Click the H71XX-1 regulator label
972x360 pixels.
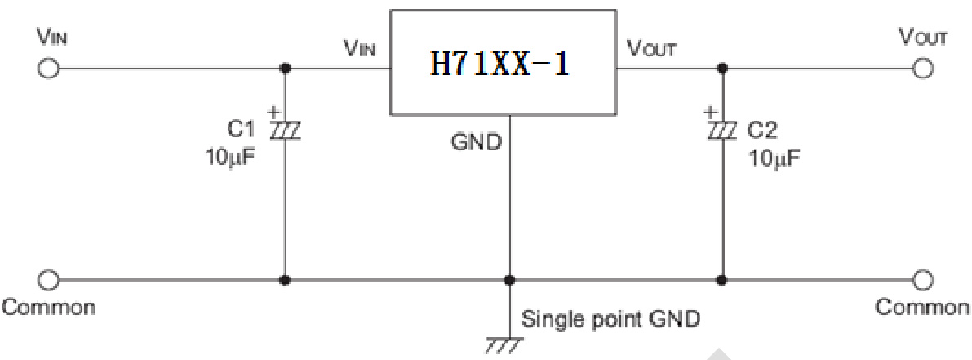pos(500,64)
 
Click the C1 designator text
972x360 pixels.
pos(242,129)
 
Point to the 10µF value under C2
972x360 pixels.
pos(774,157)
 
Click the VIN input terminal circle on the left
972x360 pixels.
pos(49,69)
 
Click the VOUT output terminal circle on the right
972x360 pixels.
pos(922,69)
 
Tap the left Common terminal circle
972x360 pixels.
pos(49,280)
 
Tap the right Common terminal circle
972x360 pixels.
pos(922,280)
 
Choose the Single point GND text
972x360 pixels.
pos(610,318)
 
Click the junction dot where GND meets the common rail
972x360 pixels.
pos(509,280)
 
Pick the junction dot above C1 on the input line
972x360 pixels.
pos(285,69)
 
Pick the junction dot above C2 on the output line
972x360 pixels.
pos(721,69)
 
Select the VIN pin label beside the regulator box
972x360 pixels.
pos(359,49)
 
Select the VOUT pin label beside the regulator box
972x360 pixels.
pos(651,49)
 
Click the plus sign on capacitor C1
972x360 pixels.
pos(274,111)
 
